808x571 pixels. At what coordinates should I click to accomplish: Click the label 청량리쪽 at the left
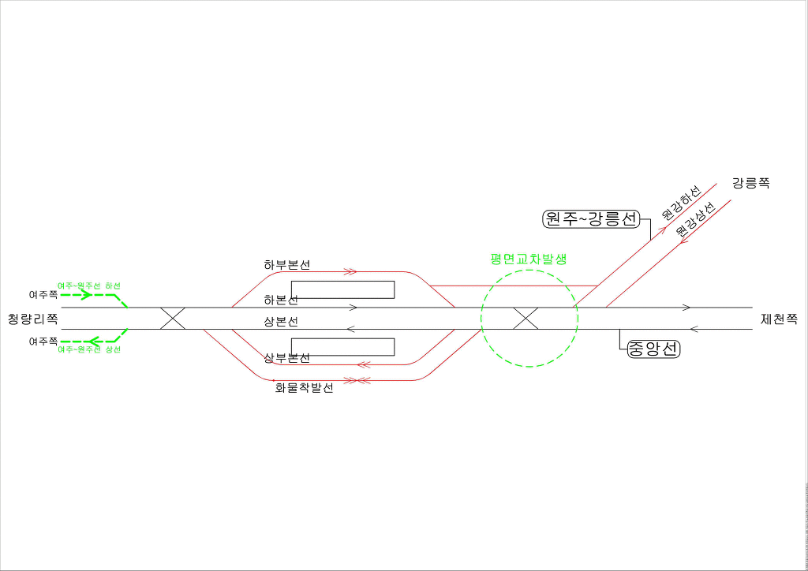click(32, 319)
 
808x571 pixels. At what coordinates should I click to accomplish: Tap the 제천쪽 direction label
click(779, 319)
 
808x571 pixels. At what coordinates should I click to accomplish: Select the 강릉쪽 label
click(750, 184)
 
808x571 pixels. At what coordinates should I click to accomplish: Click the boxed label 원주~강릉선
click(590, 218)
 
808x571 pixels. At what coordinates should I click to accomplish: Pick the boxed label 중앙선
click(653, 349)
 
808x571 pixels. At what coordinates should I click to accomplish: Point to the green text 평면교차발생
click(529, 259)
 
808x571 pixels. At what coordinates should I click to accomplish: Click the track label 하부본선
click(287, 265)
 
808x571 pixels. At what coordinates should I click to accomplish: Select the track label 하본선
click(281, 300)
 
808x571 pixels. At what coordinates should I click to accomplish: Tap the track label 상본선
click(281, 323)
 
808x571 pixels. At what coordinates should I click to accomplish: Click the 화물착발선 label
click(304, 388)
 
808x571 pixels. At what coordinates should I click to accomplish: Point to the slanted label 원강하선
click(681, 203)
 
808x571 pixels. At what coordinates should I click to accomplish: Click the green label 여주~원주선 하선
click(89, 285)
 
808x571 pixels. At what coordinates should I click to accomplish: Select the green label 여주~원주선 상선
click(89, 349)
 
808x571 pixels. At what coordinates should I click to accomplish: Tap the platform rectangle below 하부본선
click(342, 289)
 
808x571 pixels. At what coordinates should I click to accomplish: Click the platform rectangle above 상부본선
click(342, 347)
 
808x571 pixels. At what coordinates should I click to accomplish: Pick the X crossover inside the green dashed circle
click(526, 319)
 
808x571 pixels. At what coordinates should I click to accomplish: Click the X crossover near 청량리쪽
click(173, 319)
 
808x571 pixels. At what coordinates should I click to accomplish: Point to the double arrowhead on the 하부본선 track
click(350, 271)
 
